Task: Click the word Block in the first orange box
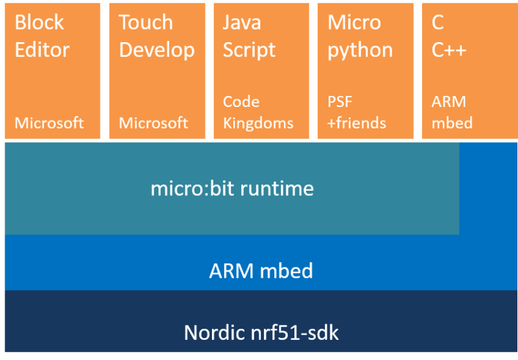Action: (39, 22)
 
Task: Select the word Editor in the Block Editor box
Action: (42, 50)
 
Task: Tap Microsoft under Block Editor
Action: (49, 123)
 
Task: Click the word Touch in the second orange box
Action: (146, 22)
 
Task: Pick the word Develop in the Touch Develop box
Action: (157, 50)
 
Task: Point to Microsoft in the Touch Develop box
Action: (154, 123)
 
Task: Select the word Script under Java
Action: (249, 50)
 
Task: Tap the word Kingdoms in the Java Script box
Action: (258, 123)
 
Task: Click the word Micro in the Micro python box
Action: (354, 22)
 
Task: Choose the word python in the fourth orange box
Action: (360, 50)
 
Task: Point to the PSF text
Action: (340, 102)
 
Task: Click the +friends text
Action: (357, 123)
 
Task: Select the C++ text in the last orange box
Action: (449, 50)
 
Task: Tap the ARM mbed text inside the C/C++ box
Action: (452, 112)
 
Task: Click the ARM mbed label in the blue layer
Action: (261, 270)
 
